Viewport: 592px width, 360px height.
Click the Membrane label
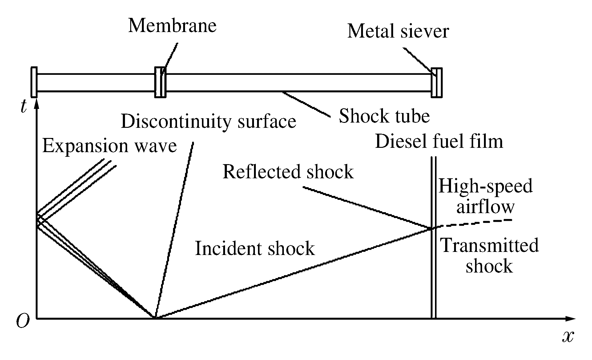[172, 26]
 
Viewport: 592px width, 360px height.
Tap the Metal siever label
[398, 32]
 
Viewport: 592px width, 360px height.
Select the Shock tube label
[384, 116]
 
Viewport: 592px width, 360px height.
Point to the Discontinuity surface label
[208, 121]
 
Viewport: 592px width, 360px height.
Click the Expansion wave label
[110, 146]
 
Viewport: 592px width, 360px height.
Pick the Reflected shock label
[288, 172]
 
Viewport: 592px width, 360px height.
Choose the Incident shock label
[255, 249]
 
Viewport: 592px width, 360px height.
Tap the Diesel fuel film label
[439, 142]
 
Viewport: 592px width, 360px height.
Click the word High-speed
[485, 186]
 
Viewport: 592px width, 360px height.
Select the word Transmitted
[490, 245]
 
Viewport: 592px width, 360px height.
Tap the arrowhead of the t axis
[37, 104]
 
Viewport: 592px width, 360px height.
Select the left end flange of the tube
[34, 82]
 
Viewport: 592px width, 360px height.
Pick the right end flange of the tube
[437, 83]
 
